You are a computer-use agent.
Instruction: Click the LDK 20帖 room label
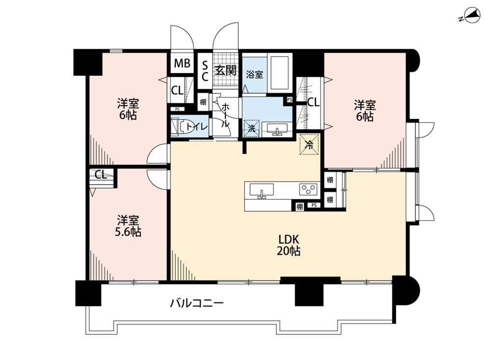pyautogui.click(x=288, y=246)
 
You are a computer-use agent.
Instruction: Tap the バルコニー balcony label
pyautogui.click(x=197, y=304)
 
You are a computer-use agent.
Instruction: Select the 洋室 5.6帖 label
pyautogui.click(x=129, y=226)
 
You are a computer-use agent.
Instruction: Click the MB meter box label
pyautogui.click(x=182, y=63)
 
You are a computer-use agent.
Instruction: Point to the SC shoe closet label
pyautogui.click(x=205, y=71)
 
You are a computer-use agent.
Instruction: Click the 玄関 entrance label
pyautogui.click(x=225, y=70)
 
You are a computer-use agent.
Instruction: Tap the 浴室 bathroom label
pyautogui.click(x=254, y=75)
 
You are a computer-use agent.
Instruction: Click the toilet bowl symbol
pyautogui.click(x=181, y=127)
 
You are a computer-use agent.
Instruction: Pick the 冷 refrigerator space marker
pyautogui.click(x=309, y=144)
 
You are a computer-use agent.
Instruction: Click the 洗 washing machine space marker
pyautogui.click(x=252, y=128)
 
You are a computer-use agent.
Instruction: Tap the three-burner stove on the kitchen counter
pyautogui.click(x=308, y=189)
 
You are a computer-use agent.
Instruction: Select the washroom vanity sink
pyautogui.click(x=277, y=129)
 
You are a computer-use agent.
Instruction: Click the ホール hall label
pyautogui.click(x=225, y=115)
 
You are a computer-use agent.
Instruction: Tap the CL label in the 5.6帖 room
pyautogui.click(x=101, y=174)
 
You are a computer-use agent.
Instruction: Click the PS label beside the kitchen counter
pyautogui.click(x=314, y=205)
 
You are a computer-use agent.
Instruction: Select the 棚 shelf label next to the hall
pyautogui.click(x=203, y=102)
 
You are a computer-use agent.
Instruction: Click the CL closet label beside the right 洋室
pyautogui.click(x=313, y=102)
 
